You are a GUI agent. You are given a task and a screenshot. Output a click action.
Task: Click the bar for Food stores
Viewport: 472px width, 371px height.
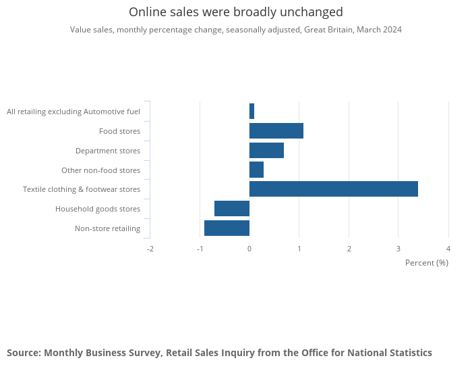[x=276, y=131]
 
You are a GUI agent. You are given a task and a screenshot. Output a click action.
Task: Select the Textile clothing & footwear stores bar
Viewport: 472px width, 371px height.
[x=334, y=189]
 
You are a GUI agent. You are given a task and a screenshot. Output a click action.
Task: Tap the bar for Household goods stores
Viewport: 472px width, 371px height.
[x=232, y=208]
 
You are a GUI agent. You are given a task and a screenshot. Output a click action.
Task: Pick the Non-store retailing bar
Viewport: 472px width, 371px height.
[x=227, y=228]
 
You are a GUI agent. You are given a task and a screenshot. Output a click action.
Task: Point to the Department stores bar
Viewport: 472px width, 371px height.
[x=267, y=150]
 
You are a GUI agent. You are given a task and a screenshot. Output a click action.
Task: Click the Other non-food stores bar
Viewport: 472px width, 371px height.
[x=256, y=170]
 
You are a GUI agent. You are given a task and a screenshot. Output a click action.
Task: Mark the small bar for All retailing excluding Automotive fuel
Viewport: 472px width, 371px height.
[x=252, y=112]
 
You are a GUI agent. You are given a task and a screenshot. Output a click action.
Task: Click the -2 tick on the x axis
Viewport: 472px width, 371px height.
[x=150, y=249]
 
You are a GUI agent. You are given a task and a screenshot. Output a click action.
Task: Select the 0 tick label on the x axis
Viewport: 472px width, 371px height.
[x=249, y=249]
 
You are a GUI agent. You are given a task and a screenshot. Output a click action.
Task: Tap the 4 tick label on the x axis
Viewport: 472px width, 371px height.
[x=448, y=249]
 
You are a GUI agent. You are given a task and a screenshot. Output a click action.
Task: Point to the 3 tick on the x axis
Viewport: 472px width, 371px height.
[x=399, y=249]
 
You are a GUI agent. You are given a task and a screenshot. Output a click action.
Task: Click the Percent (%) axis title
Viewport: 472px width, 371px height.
[x=427, y=263]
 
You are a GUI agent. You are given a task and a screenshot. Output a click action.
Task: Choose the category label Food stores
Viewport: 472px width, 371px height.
[x=119, y=131]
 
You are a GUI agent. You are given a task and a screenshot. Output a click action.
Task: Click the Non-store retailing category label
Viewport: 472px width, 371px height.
[x=107, y=228]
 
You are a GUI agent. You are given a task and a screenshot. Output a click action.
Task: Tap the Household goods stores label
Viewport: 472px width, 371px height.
[x=98, y=209]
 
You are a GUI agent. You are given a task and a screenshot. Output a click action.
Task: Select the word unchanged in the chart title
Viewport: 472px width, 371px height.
[x=312, y=12]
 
